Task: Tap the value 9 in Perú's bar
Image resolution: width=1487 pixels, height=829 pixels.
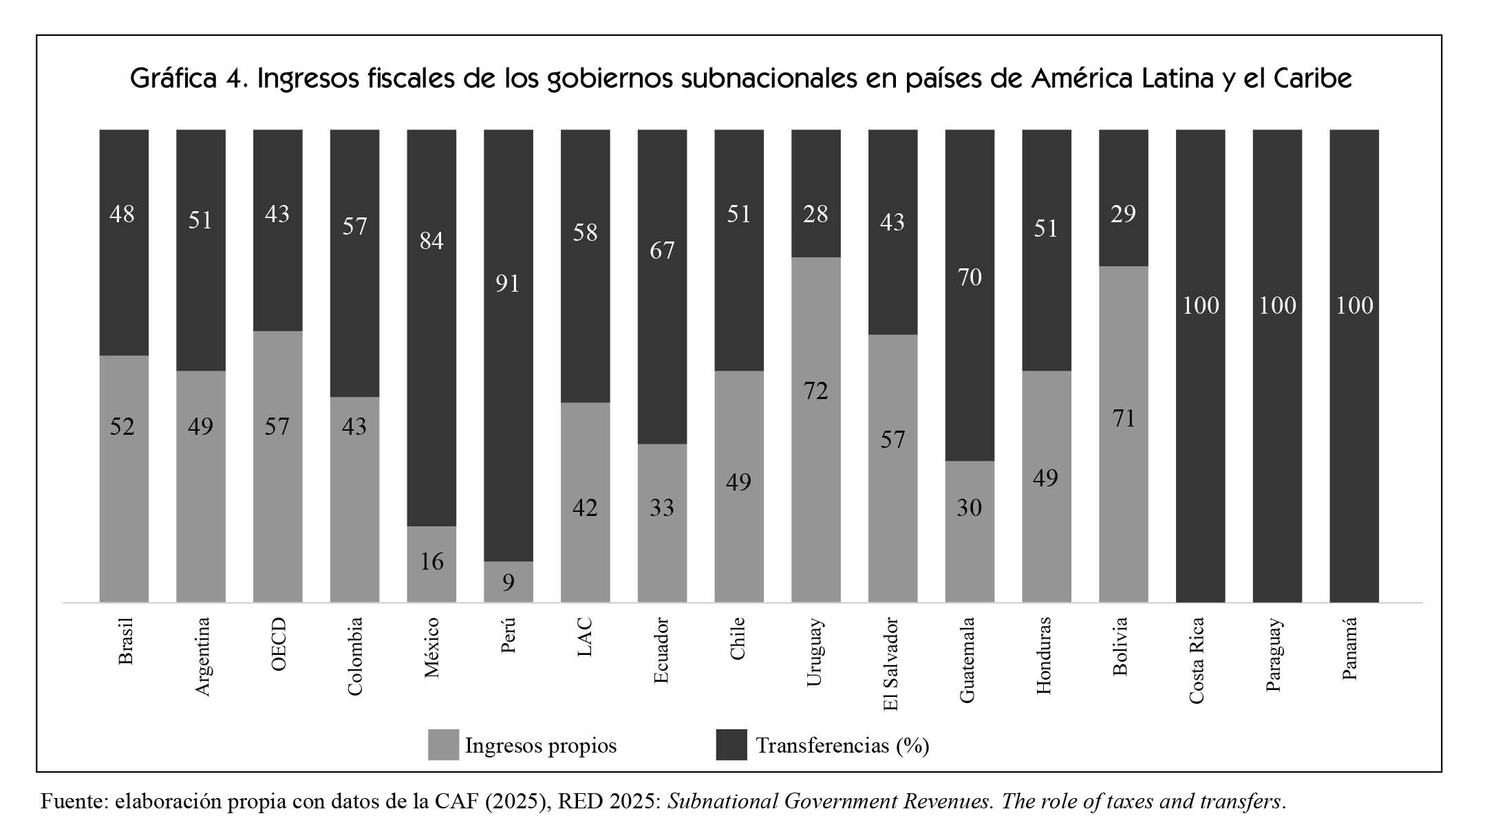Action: pyautogui.click(x=508, y=583)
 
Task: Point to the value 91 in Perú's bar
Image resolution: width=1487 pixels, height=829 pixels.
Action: pyautogui.click(x=508, y=283)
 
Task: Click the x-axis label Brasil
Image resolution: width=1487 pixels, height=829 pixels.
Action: pyautogui.click(x=125, y=641)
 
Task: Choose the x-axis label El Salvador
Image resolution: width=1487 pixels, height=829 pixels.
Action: pyautogui.click(x=892, y=664)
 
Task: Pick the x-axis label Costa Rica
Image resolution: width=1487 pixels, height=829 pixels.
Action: pyautogui.click(x=1197, y=660)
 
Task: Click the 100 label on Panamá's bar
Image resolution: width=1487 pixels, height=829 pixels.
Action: pyautogui.click(x=1354, y=305)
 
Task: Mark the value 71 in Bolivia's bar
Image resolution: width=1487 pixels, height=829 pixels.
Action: pyautogui.click(x=1124, y=418)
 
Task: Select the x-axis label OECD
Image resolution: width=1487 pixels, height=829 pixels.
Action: pyautogui.click(x=278, y=644)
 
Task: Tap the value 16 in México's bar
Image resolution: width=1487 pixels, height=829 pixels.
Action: pyautogui.click(x=431, y=562)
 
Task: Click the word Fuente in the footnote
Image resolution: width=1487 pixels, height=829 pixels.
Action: pyautogui.click(x=73, y=801)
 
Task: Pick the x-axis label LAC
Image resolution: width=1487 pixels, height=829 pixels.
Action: pyautogui.click(x=585, y=637)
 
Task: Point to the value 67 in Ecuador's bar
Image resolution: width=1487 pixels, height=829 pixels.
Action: pyautogui.click(x=662, y=250)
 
